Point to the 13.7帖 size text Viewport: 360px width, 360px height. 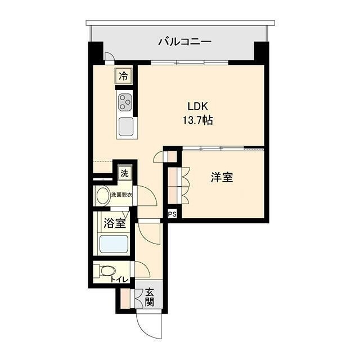196,120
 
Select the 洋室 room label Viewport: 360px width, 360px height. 222,177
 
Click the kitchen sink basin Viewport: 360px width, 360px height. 125,127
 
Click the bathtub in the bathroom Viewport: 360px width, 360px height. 114,245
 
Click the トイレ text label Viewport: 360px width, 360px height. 119,280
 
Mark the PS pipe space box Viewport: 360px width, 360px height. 172,214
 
